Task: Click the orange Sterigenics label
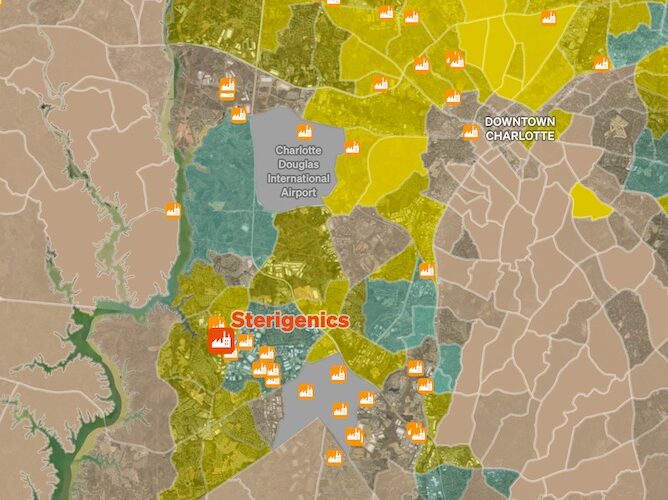(x=290, y=320)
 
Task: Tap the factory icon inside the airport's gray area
(x=302, y=131)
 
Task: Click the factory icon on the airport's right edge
(x=352, y=148)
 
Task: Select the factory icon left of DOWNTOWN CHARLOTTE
(x=469, y=131)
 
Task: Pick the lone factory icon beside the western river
(x=172, y=209)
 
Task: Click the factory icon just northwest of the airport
(x=239, y=114)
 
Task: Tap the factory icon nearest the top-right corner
(x=601, y=64)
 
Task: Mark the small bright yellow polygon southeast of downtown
(x=590, y=203)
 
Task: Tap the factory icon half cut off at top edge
(x=332, y=3)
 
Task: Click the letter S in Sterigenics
(x=238, y=320)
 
